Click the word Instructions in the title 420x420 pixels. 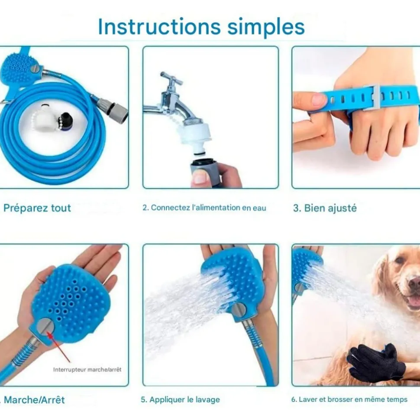pyautogui.click(x=159, y=27)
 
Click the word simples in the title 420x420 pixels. pyautogui.click(x=266, y=28)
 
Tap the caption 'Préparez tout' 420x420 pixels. pyautogui.click(x=37, y=208)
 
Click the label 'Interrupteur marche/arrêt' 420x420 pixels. pyautogui.click(x=87, y=370)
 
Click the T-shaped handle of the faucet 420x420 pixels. pyautogui.click(x=171, y=78)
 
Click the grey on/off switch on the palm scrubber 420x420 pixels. pyautogui.click(x=45, y=327)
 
